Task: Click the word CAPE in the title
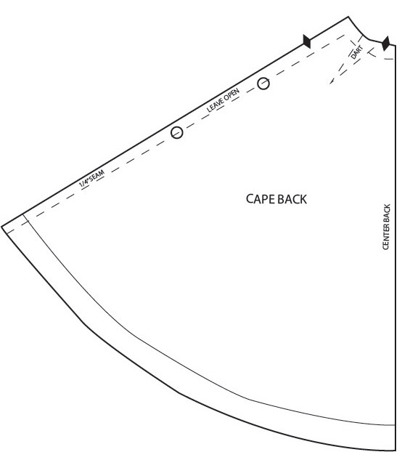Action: (x=261, y=199)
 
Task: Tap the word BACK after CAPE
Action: (x=292, y=199)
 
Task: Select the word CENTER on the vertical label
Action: (x=386, y=236)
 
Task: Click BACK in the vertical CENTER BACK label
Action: (x=387, y=212)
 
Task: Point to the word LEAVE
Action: (x=215, y=105)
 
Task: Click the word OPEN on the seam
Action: (x=231, y=94)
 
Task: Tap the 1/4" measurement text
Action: (x=84, y=182)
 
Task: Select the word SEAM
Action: (x=97, y=175)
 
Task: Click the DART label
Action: (x=357, y=52)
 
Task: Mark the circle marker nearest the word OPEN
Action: (x=263, y=84)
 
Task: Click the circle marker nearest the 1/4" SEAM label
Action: (x=176, y=132)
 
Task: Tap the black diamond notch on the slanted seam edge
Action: (x=307, y=41)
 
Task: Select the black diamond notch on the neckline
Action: (x=385, y=44)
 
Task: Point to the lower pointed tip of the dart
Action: (x=329, y=84)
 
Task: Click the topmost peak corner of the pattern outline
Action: (x=348, y=17)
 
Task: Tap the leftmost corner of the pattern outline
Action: (x=1, y=227)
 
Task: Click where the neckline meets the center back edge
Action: (x=395, y=45)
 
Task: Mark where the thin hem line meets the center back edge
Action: (x=395, y=425)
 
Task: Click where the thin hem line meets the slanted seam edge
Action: (x=22, y=214)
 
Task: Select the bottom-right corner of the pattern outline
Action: (x=395, y=451)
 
